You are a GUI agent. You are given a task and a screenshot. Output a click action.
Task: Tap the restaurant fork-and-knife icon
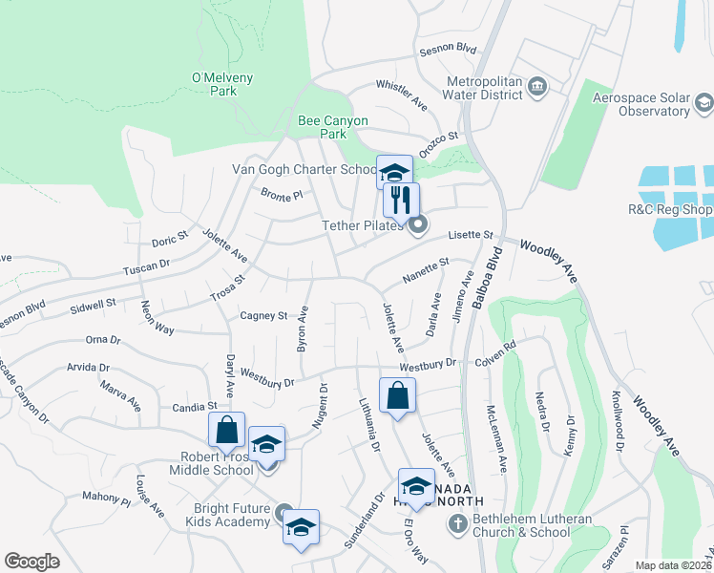401,200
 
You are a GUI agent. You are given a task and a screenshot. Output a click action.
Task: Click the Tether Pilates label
364,225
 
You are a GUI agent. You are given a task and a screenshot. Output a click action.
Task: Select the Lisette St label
472,235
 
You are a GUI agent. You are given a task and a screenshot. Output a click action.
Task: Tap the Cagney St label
263,315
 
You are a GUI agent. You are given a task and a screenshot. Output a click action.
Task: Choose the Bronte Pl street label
281,195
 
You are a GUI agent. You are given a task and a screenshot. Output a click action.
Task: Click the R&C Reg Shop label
670,209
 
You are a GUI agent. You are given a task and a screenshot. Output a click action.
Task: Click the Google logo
31,562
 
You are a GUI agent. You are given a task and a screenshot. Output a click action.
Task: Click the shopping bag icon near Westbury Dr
397,395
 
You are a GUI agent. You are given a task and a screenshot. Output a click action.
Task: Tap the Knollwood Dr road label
617,420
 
